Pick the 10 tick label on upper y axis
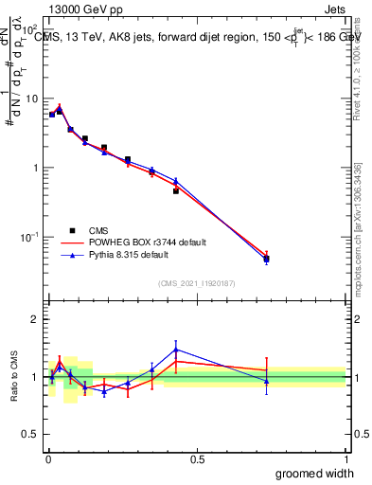click(33, 99)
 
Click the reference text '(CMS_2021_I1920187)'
click(197, 282)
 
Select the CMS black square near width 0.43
click(176, 191)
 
